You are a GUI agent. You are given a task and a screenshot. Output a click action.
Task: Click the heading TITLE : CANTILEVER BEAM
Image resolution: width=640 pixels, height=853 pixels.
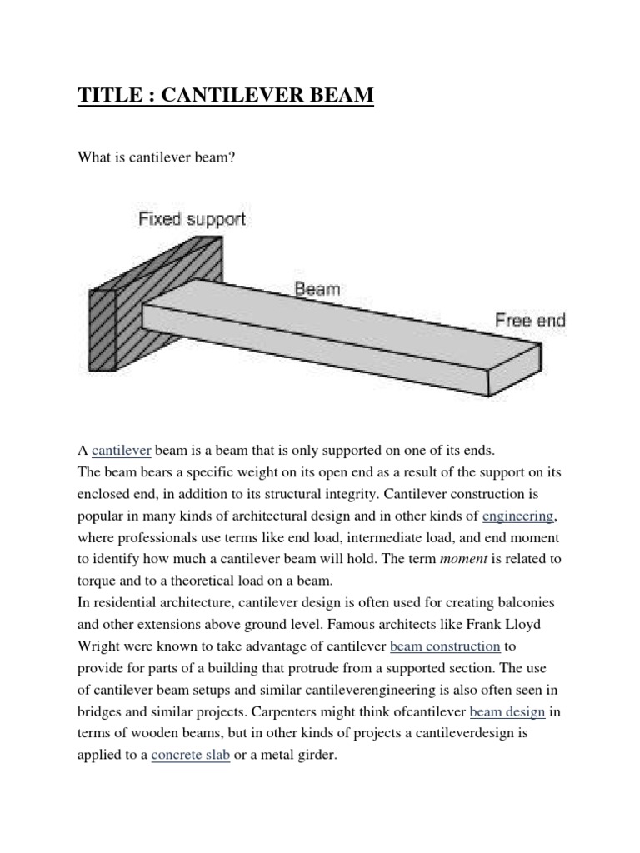click(226, 96)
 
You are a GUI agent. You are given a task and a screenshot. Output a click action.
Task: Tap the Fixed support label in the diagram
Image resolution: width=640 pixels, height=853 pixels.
click(192, 220)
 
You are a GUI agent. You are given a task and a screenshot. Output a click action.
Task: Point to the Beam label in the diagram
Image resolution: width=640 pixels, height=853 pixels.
click(317, 289)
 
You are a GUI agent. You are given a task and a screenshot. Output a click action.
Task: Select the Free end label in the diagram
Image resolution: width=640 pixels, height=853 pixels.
click(530, 320)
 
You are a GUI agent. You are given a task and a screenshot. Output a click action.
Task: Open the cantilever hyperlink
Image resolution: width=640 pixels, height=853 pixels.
click(121, 451)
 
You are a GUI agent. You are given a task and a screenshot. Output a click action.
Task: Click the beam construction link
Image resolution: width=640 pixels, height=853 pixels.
click(445, 646)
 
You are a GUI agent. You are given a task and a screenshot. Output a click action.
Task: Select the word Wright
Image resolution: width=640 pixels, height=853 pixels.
click(100, 646)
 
